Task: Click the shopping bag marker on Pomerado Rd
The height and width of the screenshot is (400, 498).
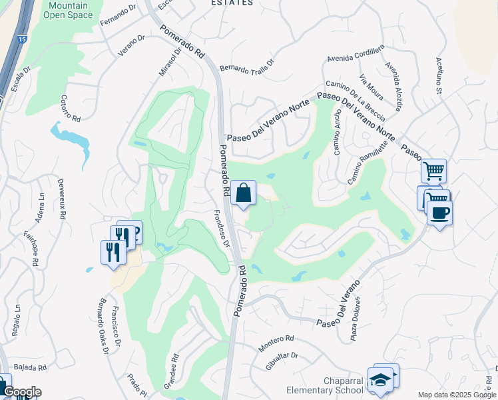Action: point(244,193)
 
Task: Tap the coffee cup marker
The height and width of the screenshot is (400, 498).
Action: point(439,213)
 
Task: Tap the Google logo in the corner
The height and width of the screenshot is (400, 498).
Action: point(21,392)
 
